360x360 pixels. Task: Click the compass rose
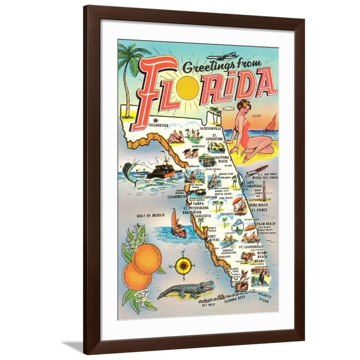[x=182, y=266]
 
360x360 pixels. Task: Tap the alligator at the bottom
[x=184, y=290]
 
